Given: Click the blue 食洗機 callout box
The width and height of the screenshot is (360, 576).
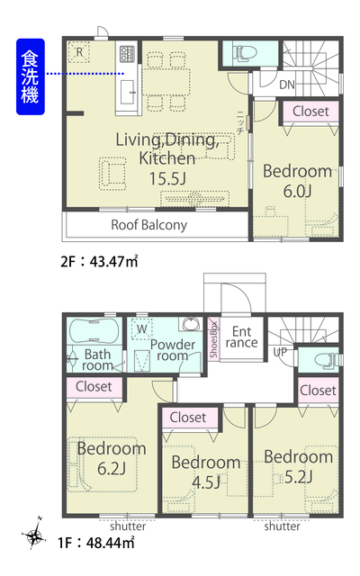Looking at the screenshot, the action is tap(31, 76).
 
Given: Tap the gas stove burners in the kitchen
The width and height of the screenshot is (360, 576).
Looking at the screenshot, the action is tap(128, 54).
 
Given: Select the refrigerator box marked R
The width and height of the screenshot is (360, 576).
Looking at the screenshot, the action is tap(79, 52).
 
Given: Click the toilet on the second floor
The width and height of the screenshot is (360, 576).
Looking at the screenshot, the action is tap(242, 53).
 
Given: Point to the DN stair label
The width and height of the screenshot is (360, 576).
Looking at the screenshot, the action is tap(287, 85).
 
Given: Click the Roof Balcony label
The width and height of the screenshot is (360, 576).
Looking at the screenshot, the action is tap(149, 225).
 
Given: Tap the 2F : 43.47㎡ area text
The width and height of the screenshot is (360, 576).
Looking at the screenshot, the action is tap(99, 262).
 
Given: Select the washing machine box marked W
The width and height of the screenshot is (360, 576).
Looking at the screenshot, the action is tap(142, 329).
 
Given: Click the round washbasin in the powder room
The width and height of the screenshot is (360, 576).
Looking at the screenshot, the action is tap(190, 324).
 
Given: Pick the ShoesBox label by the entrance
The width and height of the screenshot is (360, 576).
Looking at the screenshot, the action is tap(213, 340).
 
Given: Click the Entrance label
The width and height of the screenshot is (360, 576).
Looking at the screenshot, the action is tap(242, 337).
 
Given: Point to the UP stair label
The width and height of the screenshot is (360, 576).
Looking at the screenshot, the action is tap(280, 352).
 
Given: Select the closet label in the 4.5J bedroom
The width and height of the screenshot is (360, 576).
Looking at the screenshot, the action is tap(188, 418).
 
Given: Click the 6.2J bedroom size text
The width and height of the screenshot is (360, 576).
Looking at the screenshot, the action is tap(112, 469).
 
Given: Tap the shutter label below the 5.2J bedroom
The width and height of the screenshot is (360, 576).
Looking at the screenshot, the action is tap(282, 526).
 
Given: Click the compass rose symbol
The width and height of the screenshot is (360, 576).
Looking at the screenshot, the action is tap(35, 536).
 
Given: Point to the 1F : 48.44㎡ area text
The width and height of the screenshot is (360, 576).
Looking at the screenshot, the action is tap(96, 543).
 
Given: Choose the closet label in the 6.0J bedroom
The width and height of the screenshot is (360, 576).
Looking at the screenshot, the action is tap(310, 111).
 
